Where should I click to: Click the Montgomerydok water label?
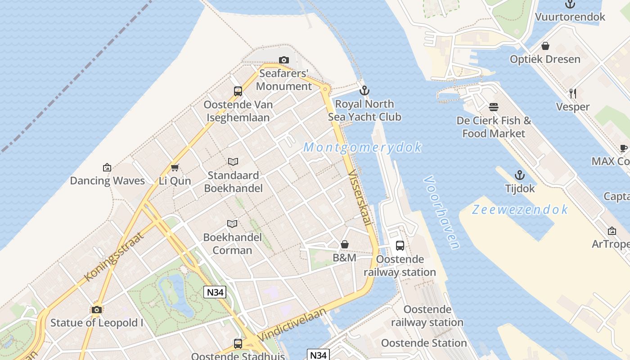point(363,147)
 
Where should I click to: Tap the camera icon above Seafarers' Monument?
point(283,60)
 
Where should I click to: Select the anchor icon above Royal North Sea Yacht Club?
point(364,90)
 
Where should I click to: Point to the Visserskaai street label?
point(360,198)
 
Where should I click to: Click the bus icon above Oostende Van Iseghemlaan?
point(238,91)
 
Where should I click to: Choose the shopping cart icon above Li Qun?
point(175,167)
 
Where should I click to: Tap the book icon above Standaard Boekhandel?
point(233,162)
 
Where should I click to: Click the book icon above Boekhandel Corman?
point(232,224)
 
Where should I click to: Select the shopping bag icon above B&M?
point(344,244)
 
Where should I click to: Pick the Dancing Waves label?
point(107,181)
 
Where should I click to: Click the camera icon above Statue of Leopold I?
point(96,310)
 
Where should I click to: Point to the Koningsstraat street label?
point(114,256)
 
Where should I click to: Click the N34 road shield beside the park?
point(215,292)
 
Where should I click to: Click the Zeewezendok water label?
point(520,210)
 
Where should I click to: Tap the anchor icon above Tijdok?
point(520,175)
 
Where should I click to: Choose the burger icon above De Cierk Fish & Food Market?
point(494,107)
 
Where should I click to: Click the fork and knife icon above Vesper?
point(572,93)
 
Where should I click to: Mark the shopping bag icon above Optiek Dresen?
point(545,46)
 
